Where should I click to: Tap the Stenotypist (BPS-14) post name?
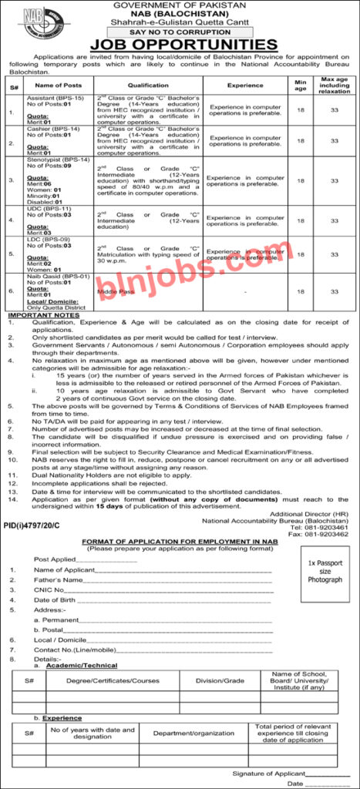tap(52, 158)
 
